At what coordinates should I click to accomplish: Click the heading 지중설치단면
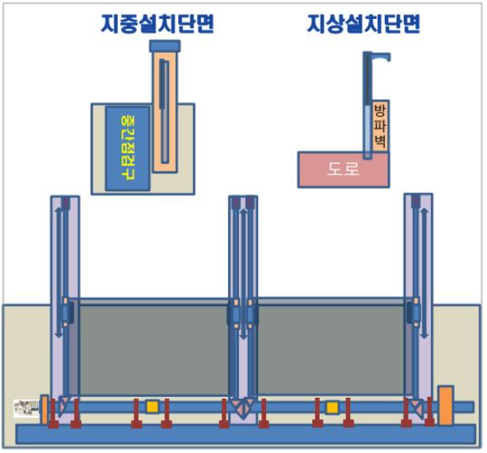(x=157, y=24)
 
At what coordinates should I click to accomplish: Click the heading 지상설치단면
(x=363, y=24)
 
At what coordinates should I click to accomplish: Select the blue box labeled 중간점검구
(x=128, y=148)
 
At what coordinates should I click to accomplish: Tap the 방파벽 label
(x=380, y=126)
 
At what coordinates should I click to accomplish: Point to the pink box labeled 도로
(x=343, y=170)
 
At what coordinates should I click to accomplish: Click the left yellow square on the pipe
(x=152, y=407)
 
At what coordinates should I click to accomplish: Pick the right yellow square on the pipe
(x=332, y=407)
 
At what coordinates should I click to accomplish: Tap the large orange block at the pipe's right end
(x=445, y=405)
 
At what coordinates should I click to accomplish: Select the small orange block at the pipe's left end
(x=44, y=409)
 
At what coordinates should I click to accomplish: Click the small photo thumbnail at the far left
(x=26, y=409)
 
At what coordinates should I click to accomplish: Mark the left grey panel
(x=154, y=349)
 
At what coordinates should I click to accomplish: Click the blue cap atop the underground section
(x=165, y=46)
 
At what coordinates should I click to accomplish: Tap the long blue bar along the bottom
(x=246, y=434)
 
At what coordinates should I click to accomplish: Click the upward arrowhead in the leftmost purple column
(x=59, y=210)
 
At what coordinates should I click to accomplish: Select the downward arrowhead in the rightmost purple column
(x=424, y=336)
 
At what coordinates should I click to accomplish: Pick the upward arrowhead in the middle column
(x=244, y=212)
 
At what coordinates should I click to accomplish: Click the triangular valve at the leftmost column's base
(x=65, y=404)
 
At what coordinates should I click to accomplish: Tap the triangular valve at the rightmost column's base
(x=415, y=407)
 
